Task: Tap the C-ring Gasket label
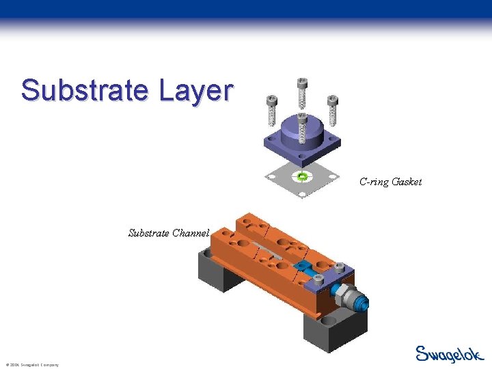click(x=390, y=182)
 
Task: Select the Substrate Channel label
click(x=169, y=233)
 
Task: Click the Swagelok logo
click(x=449, y=353)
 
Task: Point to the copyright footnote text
click(x=31, y=365)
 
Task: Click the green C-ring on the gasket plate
click(x=301, y=177)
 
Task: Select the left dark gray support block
click(x=212, y=270)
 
